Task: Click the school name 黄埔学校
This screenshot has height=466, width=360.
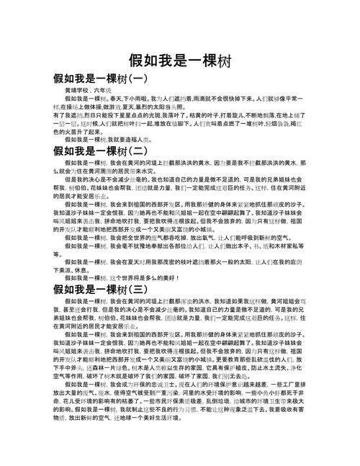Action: click(x=76, y=92)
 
